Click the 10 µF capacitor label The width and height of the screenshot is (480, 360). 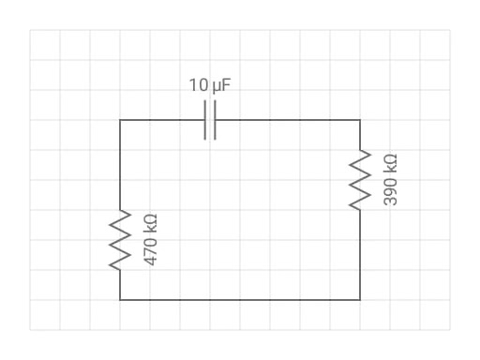pos(210,85)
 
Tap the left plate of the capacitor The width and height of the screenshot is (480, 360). pos(205,120)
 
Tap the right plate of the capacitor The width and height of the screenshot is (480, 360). pos(215,120)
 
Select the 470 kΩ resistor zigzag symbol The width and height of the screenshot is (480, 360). pos(120,240)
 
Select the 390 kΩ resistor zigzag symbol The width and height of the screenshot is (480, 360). pos(360,180)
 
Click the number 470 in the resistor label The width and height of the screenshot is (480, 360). pos(150,251)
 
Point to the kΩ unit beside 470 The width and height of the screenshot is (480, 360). pos(150,224)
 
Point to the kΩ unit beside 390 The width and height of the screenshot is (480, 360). pos(390,164)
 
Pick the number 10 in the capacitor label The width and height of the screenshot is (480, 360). pos(199,85)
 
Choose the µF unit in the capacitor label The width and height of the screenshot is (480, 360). pos(221,86)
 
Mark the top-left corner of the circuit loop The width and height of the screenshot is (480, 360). pos(120,120)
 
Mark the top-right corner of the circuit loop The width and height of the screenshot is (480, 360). pos(360,120)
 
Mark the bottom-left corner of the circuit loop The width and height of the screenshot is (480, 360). pos(120,300)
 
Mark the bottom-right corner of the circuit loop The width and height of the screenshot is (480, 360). pos(360,300)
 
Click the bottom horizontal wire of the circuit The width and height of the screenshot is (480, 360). pos(240,300)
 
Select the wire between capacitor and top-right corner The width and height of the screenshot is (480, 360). pos(288,120)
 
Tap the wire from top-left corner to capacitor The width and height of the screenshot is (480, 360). pos(162,120)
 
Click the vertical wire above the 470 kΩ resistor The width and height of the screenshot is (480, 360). pos(120,165)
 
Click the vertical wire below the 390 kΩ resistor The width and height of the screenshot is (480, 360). pos(360,255)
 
